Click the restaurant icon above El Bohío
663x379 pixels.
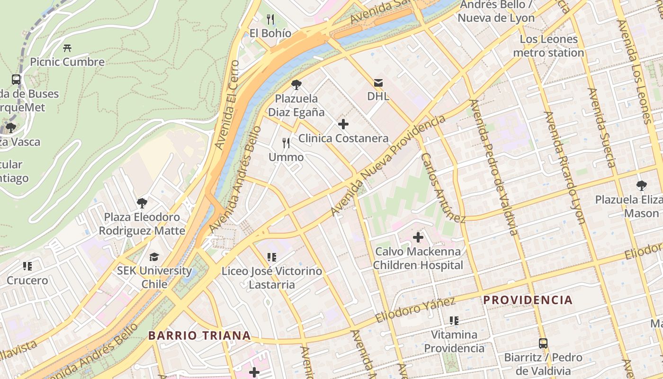pos(270,19)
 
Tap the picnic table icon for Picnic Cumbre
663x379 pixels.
pos(67,48)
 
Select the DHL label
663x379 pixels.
pos(378,97)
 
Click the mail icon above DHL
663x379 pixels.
pos(378,83)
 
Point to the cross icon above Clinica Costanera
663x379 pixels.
pos(343,125)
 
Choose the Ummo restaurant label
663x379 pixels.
pos(286,157)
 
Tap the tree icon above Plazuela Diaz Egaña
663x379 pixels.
pos(296,85)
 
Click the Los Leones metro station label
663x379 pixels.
pos(548,46)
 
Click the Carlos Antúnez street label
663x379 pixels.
pos(443,188)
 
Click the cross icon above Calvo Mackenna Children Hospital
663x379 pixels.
pos(418,237)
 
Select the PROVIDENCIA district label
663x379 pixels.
pos(528,300)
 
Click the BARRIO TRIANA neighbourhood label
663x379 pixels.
pos(199,335)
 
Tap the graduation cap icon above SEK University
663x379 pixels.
pos(154,257)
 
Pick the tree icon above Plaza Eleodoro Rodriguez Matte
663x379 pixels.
pos(142,203)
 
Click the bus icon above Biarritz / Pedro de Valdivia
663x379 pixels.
pos(543,343)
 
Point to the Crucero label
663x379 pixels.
pos(27,280)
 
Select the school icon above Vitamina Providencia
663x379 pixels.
pos(454,321)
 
